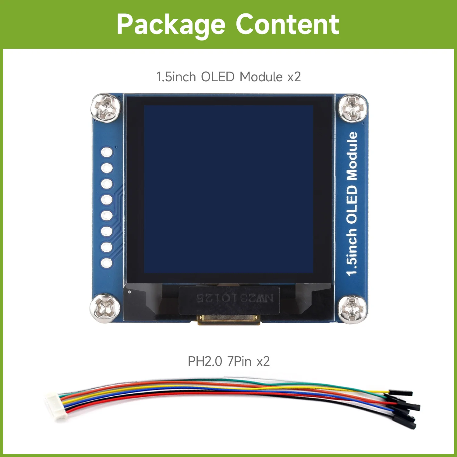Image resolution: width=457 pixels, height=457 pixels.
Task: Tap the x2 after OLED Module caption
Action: point(294,77)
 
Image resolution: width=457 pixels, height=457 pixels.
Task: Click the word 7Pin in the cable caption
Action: point(239,361)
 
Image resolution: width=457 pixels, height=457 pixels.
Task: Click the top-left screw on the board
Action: point(105,108)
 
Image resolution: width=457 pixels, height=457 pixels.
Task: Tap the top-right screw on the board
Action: point(352,108)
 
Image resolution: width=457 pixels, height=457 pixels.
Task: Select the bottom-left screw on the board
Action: point(105,308)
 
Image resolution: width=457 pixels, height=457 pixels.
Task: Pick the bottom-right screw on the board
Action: point(352,309)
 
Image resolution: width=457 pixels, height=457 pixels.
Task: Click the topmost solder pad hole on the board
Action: point(107,152)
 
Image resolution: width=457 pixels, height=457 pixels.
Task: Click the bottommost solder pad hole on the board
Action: point(107,263)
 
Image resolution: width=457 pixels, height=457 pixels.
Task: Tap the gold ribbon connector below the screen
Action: point(228,319)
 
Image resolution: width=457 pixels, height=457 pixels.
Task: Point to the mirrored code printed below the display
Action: point(235,298)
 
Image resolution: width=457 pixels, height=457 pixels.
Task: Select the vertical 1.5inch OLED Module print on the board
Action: point(352,204)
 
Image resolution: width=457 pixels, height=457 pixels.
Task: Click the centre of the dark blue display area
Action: point(228,189)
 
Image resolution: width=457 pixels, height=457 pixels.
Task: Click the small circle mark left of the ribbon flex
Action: point(130,292)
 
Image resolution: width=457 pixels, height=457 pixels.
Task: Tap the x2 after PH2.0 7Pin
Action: point(263,361)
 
